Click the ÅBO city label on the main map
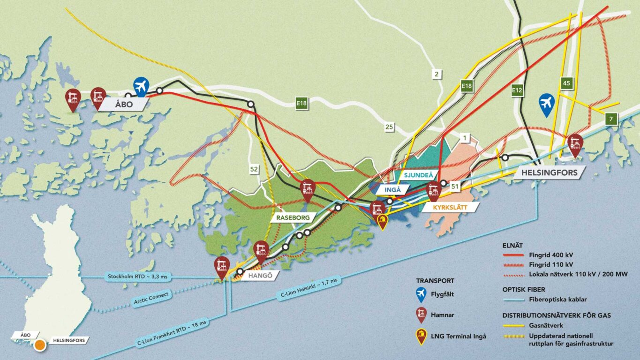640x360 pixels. (123, 104)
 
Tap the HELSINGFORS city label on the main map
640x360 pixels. (549, 172)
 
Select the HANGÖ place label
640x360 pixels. (256, 276)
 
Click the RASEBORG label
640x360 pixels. (292, 218)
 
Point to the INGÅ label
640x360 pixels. (392, 190)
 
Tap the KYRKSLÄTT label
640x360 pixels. (443, 207)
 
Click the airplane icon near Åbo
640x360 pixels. (141, 86)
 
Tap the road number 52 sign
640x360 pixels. (254, 169)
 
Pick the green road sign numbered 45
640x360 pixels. (566, 83)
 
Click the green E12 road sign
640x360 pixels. (517, 90)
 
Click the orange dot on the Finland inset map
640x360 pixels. (40, 345)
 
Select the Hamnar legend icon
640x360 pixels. (422, 315)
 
